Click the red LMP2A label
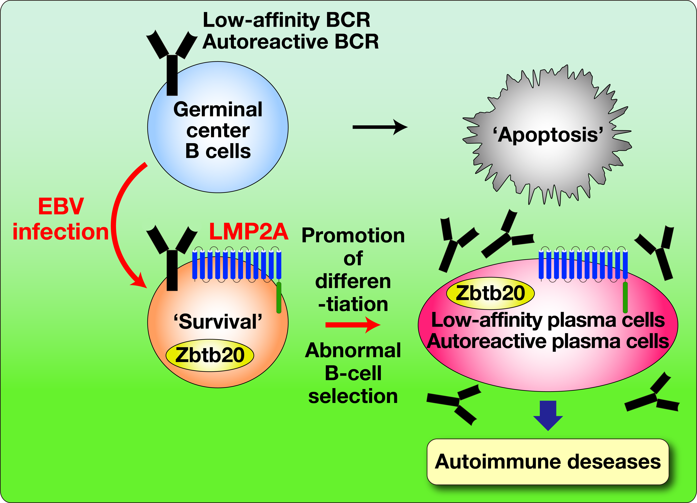coord(248,231)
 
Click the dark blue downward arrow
coord(548,415)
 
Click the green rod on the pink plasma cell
coord(625,297)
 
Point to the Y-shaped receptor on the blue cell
coord(172,62)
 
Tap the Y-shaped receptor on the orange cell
coord(172,258)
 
